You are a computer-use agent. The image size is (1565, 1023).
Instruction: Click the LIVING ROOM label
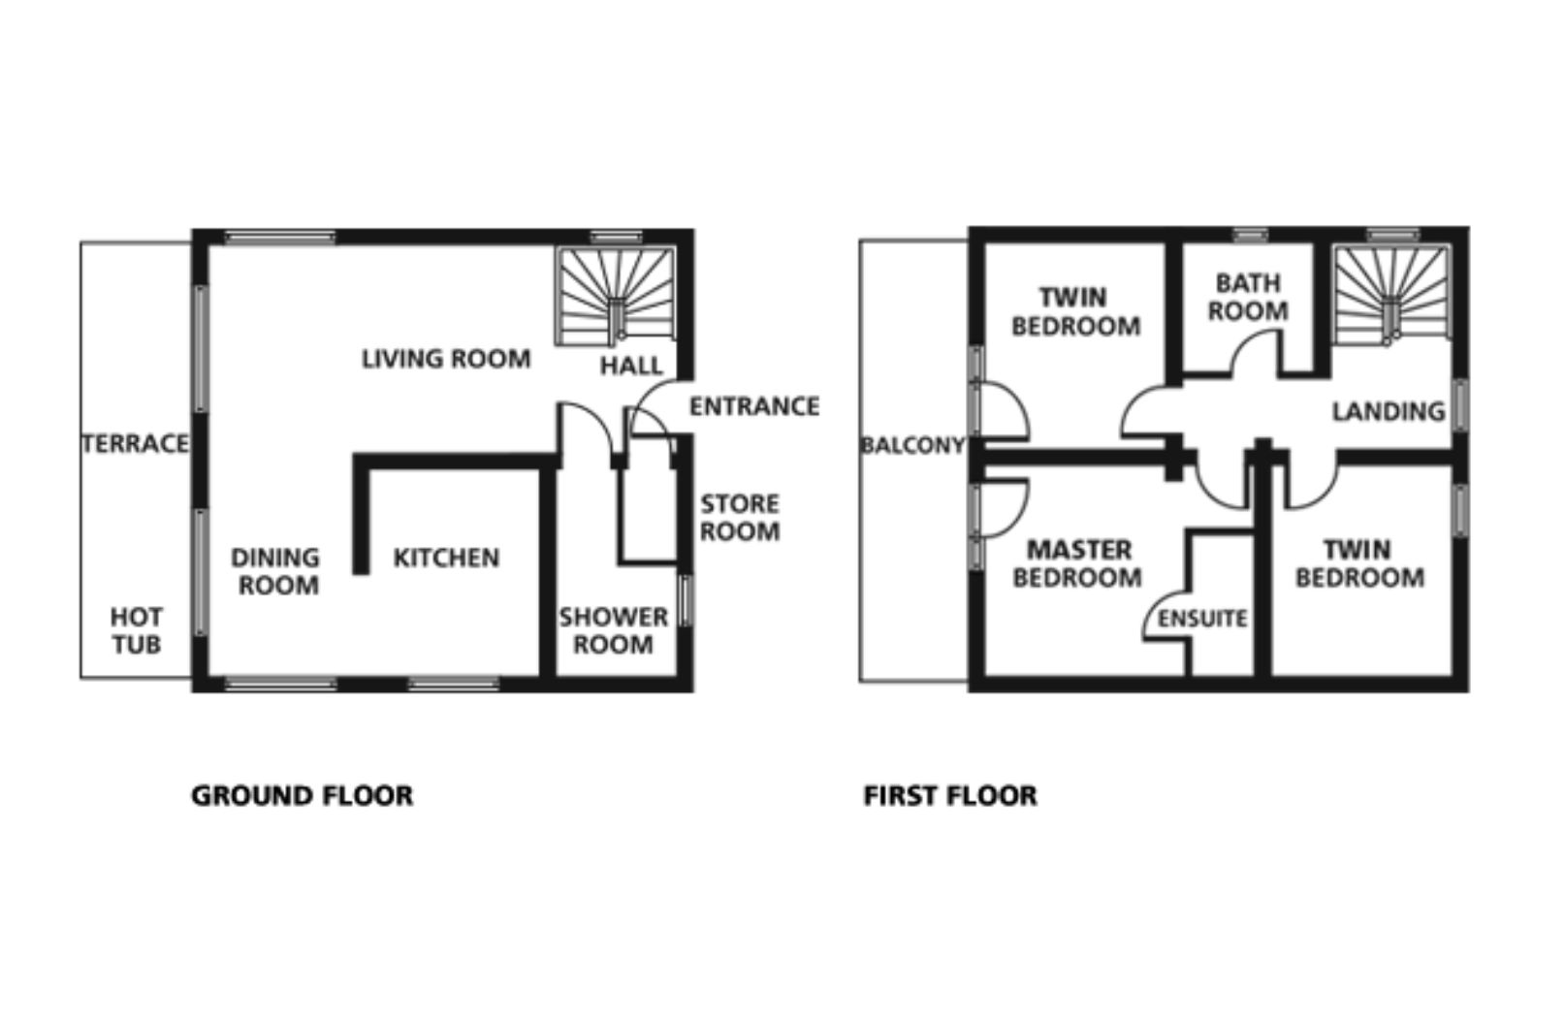(446, 359)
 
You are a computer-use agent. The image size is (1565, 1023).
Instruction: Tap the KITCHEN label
(446, 558)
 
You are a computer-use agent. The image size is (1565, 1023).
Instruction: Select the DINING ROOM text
(276, 571)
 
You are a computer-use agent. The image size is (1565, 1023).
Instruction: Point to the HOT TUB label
(137, 631)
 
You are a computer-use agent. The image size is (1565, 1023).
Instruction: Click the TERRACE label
(135, 444)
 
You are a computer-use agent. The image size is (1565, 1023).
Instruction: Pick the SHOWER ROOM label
(614, 631)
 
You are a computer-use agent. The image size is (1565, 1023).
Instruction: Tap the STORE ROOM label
(740, 518)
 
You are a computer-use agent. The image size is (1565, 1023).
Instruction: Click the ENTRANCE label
(754, 406)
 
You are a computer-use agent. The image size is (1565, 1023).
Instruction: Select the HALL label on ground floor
(631, 366)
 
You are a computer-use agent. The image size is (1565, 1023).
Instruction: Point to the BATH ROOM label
(1249, 297)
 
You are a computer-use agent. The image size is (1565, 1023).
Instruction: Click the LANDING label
(1389, 411)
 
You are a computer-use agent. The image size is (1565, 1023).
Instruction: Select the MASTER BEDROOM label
(1078, 564)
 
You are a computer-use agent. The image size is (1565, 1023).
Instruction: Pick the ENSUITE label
(1202, 619)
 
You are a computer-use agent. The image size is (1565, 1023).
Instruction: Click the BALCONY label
(913, 445)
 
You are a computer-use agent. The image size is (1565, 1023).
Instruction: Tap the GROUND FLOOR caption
(303, 796)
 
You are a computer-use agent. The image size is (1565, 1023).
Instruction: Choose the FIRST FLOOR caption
(950, 796)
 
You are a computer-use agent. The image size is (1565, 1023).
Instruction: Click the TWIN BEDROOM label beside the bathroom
(1076, 312)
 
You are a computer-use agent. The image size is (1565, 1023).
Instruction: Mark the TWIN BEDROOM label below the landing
(1359, 564)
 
